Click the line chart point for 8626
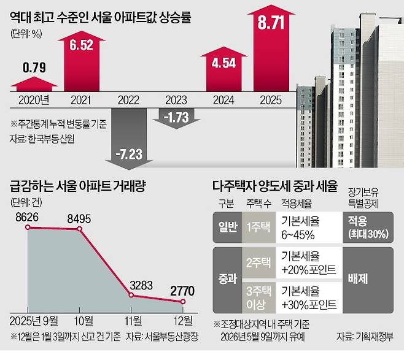pyautogui.click(x=28, y=227)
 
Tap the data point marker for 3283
pyautogui.click(x=130, y=295)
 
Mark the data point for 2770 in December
pyautogui.click(x=182, y=302)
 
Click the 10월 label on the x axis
pyautogui.click(x=80, y=321)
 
